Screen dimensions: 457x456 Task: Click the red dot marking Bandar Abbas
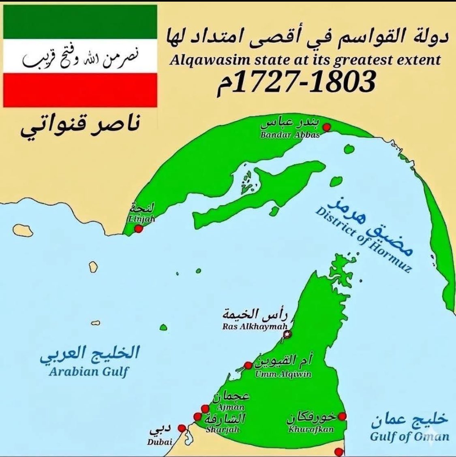tap(328, 127)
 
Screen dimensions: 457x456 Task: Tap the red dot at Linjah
tap(139, 229)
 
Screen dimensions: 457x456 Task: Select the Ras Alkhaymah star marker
tap(288, 334)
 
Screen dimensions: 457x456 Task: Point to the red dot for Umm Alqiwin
tap(248, 365)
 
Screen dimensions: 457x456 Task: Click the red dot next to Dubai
tap(182, 427)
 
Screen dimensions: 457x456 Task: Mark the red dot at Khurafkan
tap(343, 416)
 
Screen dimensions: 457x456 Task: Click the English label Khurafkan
tap(311, 429)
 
